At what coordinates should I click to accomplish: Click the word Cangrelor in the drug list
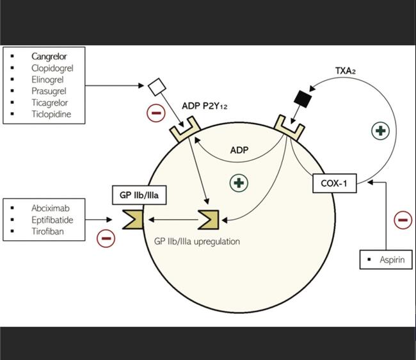tap(49, 56)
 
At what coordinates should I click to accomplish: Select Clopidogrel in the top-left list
tap(51, 68)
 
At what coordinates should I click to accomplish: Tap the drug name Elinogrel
tap(48, 79)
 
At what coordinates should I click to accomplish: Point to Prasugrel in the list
tap(49, 91)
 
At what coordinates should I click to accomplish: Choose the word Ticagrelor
tap(49, 102)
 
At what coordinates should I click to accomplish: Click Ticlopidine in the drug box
tap(51, 115)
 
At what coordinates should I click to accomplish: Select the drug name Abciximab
tap(50, 208)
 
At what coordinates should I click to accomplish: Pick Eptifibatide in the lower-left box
tap(52, 219)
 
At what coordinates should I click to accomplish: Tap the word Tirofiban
tap(47, 231)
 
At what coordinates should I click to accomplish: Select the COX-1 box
tap(334, 184)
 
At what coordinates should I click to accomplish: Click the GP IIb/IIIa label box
tap(139, 195)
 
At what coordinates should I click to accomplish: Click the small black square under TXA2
tap(302, 98)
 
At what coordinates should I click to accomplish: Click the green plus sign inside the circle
tap(239, 183)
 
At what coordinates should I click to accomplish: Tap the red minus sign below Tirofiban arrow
tap(106, 238)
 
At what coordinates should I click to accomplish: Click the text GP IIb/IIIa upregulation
tap(197, 241)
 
